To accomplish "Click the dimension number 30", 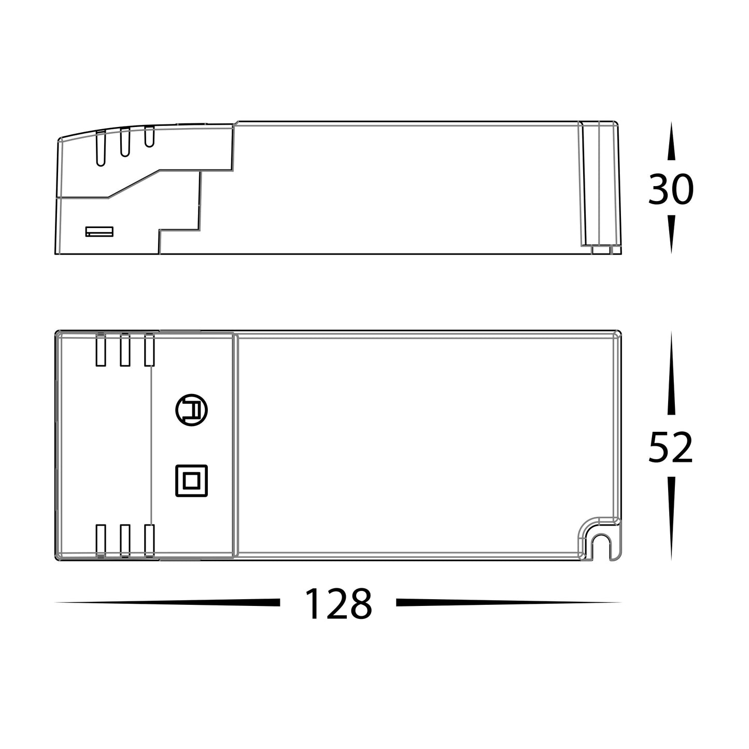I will [x=670, y=190].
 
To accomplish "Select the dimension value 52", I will [x=670, y=447].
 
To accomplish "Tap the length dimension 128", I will [x=338, y=604].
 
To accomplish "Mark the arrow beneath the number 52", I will [x=671, y=518].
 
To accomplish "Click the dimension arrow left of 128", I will [x=171, y=602].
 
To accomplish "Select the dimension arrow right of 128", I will [x=508, y=602].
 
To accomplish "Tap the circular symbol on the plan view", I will [x=191, y=411].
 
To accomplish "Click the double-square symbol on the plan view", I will [x=191, y=481].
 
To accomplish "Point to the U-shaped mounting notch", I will [x=601, y=545].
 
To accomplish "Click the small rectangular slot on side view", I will [x=99, y=231].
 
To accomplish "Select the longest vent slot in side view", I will [x=101, y=148].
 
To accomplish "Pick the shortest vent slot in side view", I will [x=149, y=137].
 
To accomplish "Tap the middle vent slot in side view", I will [x=124, y=143].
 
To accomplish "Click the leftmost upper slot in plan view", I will [x=101, y=350].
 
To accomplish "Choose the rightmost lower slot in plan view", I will [x=149, y=541].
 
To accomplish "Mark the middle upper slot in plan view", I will [x=125, y=350].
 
